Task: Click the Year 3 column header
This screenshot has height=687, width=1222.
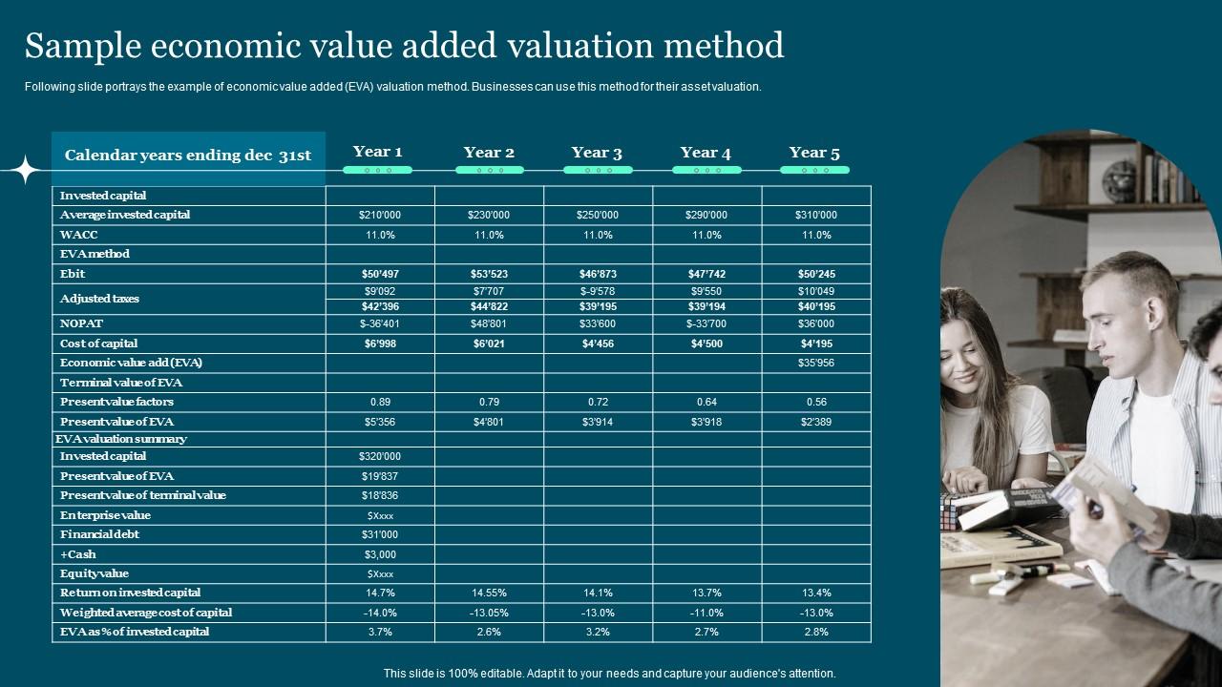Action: (x=597, y=153)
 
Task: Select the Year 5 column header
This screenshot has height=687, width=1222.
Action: (x=814, y=153)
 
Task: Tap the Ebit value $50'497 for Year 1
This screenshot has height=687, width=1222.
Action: (x=379, y=274)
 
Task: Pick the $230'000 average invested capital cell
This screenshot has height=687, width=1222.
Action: (x=489, y=215)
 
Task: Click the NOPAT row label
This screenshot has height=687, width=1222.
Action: (x=81, y=323)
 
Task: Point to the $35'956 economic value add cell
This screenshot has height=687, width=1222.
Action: (x=815, y=363)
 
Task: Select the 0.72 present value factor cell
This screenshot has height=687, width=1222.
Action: (x=598, y=402)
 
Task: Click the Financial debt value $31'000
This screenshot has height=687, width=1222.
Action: (x=379, y=534)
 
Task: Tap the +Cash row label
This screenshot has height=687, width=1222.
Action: (x=78, y=554)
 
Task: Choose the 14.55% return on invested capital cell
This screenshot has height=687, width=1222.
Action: (x=489, y=593)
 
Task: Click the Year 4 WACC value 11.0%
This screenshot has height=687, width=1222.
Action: (x=706, y=235)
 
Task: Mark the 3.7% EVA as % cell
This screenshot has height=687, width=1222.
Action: (x=379, y=632)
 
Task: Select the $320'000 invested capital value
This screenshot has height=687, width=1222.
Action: (x=379, y=456)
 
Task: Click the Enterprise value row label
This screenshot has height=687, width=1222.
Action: (x=105, y=515)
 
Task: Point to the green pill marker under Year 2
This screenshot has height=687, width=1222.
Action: (x=489, y=170)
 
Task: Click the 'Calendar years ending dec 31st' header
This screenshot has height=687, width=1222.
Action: (x=187, y=156)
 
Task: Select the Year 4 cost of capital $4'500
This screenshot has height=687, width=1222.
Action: (x=706, y=343)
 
